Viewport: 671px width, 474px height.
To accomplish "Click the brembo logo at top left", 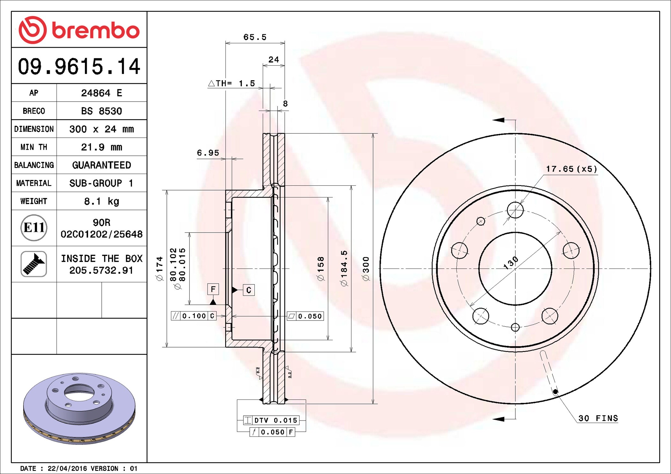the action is pos(79,30).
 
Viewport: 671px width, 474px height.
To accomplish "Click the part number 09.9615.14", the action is pos(79,66).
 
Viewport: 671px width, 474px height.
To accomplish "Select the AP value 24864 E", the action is pos(101,93).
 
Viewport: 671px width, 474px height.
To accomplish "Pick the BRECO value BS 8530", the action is pos(101,111).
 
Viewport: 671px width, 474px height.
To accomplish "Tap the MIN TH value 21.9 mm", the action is pos(101,147).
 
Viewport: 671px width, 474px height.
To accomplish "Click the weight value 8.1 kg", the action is pos(101,201).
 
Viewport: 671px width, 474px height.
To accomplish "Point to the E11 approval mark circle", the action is pos(34,227).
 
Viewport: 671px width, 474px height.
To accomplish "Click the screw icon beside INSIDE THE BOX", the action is pos(34,264).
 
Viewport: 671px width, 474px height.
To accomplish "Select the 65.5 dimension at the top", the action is pos(255,37).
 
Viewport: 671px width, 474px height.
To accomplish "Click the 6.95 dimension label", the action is pos(208,153).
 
